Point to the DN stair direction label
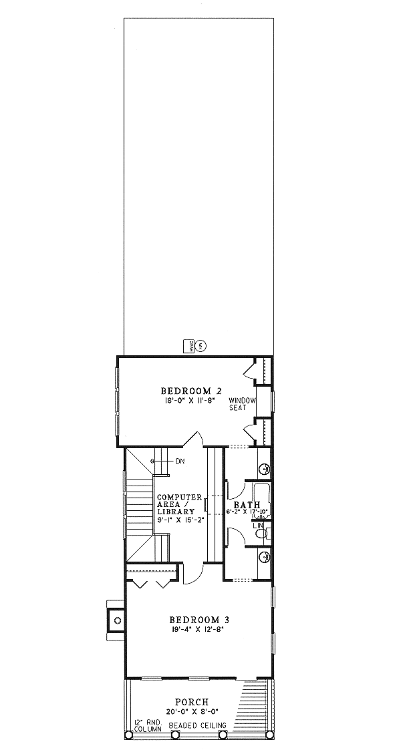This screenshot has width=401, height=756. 180,461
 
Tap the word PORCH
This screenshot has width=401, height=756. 192,702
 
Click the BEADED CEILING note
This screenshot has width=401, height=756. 197,725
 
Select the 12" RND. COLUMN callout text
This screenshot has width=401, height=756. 148,725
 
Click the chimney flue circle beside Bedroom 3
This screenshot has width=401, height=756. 117,620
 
